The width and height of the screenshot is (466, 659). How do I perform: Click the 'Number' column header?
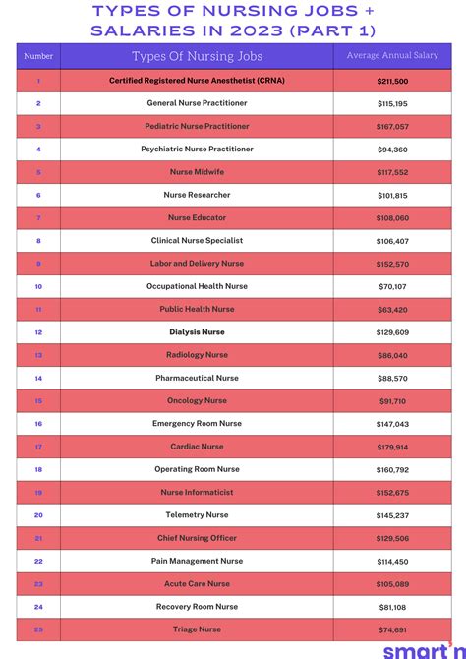[38, 56]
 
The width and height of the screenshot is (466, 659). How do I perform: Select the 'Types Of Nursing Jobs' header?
[197, 56]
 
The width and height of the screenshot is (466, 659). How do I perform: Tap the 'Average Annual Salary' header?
[391, 56]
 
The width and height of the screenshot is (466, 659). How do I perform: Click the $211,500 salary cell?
[391, 81]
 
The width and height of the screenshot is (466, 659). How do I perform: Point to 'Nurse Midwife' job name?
[197, 172]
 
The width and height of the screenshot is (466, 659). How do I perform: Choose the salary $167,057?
[391, 127]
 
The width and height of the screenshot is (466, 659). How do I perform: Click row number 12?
[38, 332]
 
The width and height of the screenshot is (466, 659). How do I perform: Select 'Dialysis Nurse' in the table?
[197, 332]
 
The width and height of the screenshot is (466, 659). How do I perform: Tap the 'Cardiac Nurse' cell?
[197, 447]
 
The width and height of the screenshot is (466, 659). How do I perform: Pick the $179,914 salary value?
[391, 447]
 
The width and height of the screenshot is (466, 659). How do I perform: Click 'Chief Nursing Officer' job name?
[197, 538]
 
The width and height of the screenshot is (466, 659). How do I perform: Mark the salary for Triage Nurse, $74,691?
[391, 629]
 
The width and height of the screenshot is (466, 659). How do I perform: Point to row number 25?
[38, 629]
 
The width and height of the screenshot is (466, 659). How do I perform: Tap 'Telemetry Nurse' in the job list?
[197, 515]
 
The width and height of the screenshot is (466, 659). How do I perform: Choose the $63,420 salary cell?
[391, 310]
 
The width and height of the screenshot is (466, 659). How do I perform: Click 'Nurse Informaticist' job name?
[197, 492]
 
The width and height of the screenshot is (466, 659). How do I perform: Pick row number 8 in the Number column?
[38, 241]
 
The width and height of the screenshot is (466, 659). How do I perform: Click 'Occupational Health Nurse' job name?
[197, 286]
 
